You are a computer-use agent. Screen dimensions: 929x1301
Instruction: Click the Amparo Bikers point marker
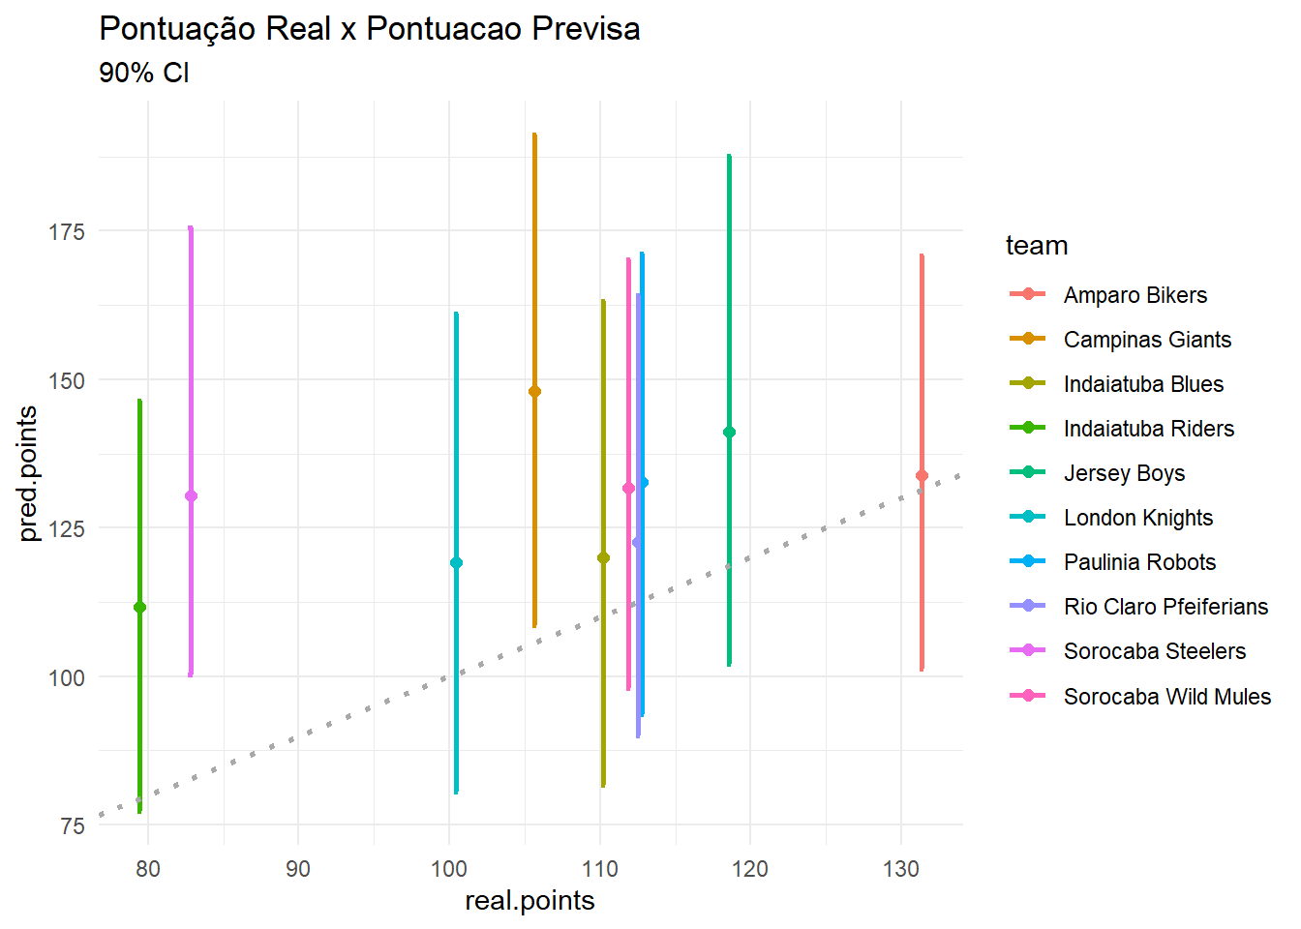coord(922,475)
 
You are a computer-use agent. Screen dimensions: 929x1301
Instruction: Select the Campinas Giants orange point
coord(534,391)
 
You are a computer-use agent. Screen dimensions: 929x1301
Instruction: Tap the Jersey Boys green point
coord(729,432)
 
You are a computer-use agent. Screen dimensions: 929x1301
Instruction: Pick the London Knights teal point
coord(456,562)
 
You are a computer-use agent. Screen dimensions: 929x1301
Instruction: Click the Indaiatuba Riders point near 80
coord(139,607)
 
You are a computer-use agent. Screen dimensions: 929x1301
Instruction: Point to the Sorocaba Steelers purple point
coord(191,495)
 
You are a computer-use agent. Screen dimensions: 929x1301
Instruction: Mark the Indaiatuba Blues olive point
coord(603,557)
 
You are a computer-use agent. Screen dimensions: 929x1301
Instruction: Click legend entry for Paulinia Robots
coord(1139,562)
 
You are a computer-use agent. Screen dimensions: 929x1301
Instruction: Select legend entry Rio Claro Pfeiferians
coord(1165,607)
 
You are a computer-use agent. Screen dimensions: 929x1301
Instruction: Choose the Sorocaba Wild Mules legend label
coord(1166,697)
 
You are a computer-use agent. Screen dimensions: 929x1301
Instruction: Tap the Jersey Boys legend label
coord(1124,473)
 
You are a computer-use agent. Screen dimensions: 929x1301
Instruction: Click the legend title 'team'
coord(1037,246)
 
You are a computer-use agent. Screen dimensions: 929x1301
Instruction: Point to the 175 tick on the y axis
coord(67,232)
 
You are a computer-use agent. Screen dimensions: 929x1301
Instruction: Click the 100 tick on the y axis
coord(67,677)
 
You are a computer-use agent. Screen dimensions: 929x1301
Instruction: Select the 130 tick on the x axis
coord(900,869)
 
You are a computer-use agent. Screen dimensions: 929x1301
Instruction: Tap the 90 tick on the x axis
coord(298,869)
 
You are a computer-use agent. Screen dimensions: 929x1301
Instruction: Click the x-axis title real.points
coord(529,901)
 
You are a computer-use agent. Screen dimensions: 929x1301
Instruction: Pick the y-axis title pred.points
coord(28,473)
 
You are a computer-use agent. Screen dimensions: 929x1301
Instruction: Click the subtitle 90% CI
coord(144,73)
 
